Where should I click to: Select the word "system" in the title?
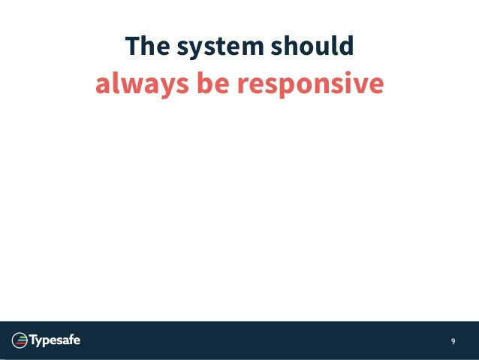[213, 48]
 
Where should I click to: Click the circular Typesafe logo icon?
[20, 341]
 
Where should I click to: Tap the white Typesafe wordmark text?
[55, 341]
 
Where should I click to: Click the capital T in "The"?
[131, 47]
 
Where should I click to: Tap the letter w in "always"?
[129, 86]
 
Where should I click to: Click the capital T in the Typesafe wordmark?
[34, 340]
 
